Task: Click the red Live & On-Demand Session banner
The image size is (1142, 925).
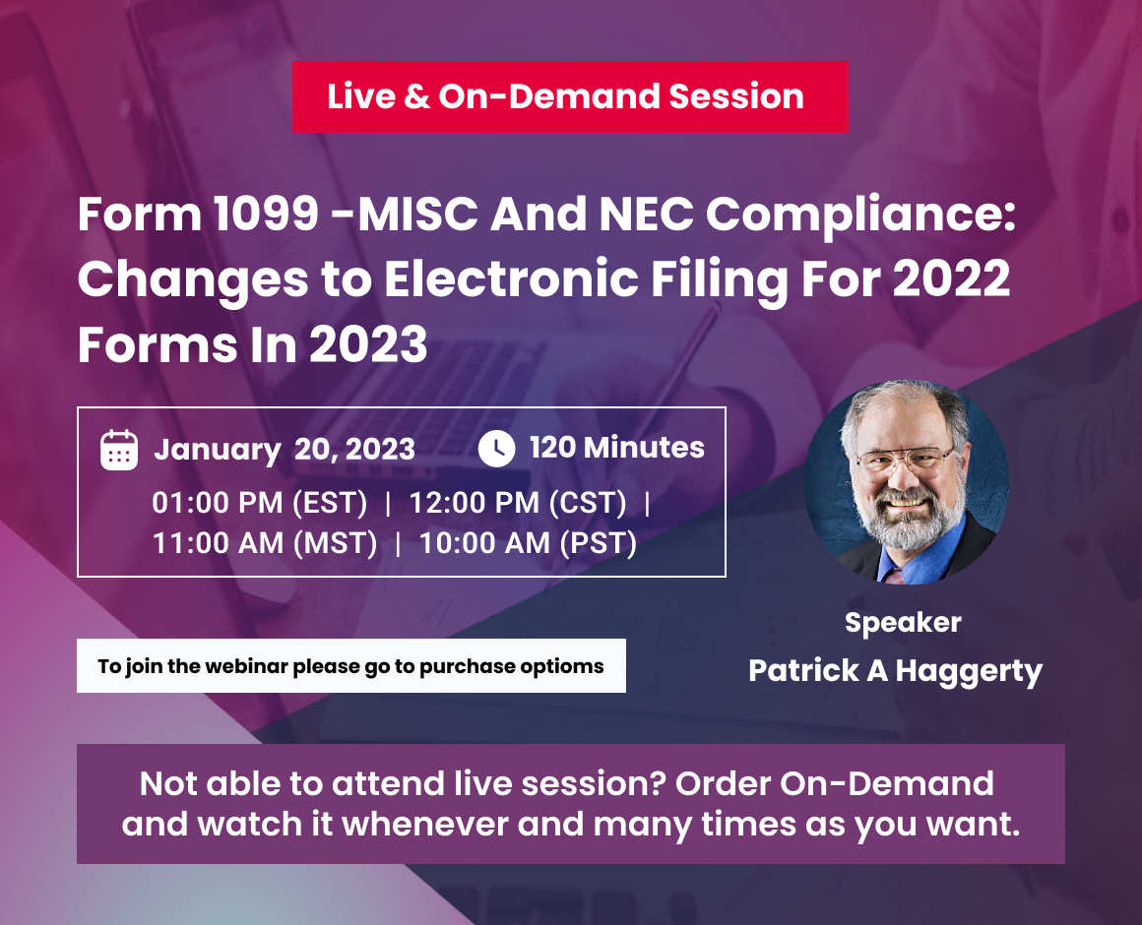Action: (x=569, y=96)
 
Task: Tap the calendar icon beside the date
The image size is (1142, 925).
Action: (x=119, y=449)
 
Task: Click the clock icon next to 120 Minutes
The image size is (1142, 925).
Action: (x=496, y=449)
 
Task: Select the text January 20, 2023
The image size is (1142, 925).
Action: (x=285, y=450)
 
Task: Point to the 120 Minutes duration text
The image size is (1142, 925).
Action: (x=617, y=448)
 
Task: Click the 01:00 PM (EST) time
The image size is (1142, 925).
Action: (x=259, y=503)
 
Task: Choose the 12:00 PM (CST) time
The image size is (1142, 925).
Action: (x=518, y=503)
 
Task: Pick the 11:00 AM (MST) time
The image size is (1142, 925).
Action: (x=265, y=542)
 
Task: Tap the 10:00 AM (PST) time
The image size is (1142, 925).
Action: (x=528, y=542)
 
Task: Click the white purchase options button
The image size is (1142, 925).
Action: (x=350, y=666)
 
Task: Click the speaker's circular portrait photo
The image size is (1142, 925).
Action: (x=907, y=482)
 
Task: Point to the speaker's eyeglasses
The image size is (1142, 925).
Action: (x=905, y=459)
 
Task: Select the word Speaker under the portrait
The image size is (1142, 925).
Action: (x=903, y=622)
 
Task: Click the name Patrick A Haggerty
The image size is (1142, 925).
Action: (x=895, y=671)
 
